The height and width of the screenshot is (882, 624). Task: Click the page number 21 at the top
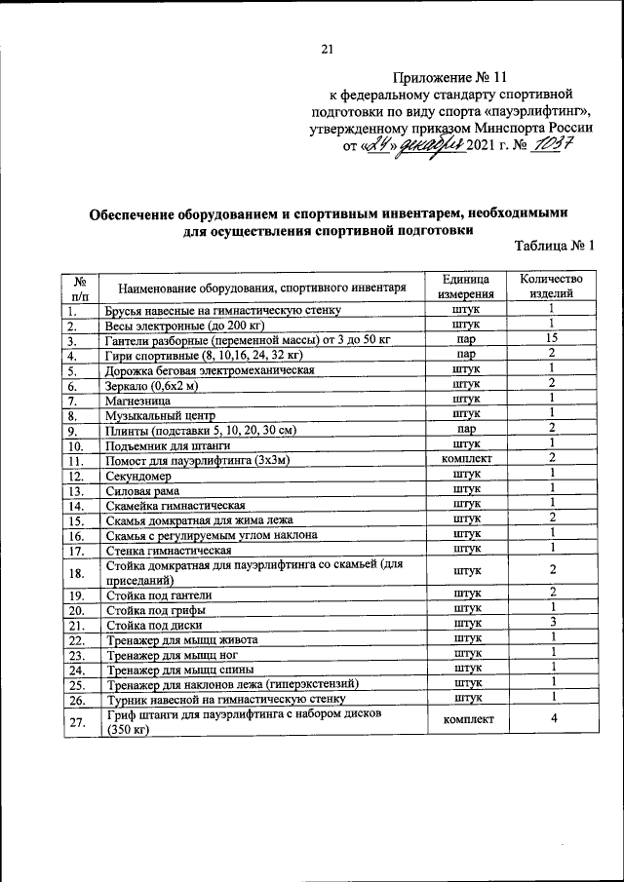328,51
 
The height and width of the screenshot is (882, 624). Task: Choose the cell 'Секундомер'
138,477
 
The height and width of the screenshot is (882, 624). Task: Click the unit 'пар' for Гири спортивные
466,355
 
